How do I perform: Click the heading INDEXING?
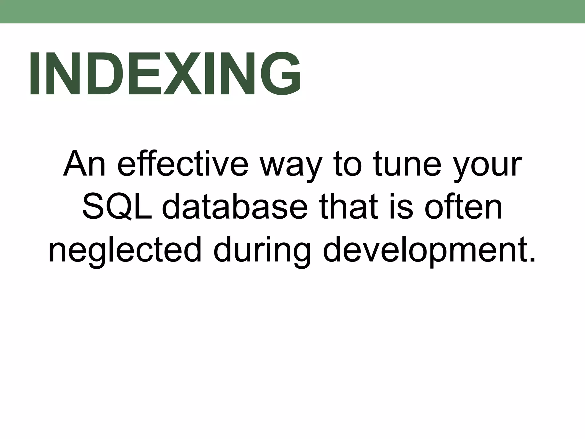tap(165, 73)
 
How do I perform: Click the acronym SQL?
tap(117, 208)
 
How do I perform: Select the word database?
tap(235, 207)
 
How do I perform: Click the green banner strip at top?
tap(292, 11)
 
